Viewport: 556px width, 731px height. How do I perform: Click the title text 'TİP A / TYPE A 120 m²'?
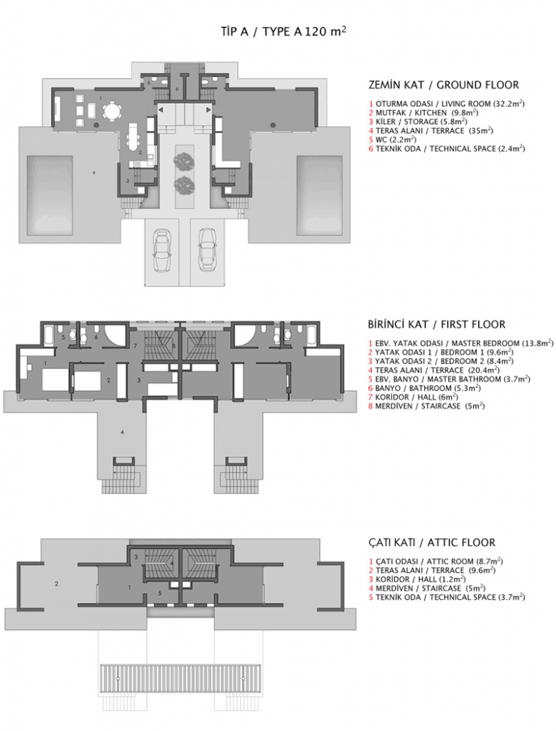pyautogui.click(x=283, y=32)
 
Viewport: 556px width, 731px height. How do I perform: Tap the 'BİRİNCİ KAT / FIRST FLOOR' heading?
pyautogui.click(x=436, y=324)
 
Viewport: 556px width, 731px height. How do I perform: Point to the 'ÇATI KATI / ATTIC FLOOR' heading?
pyautogui.click(x=432, y=543)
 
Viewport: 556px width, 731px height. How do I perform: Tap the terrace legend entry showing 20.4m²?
pyautogui.click(x=426, y=370)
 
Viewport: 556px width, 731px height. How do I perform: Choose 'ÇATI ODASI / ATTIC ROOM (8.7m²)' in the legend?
pyautogui.click(x=435, y=562)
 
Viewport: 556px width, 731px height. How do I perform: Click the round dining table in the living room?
pyautogui.click(x=111, y=112)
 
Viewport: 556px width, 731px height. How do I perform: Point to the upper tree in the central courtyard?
pyautogui.click(x=184, y=158)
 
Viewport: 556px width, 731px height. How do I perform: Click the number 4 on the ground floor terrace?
pyautogui.click(x=93, y=172)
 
